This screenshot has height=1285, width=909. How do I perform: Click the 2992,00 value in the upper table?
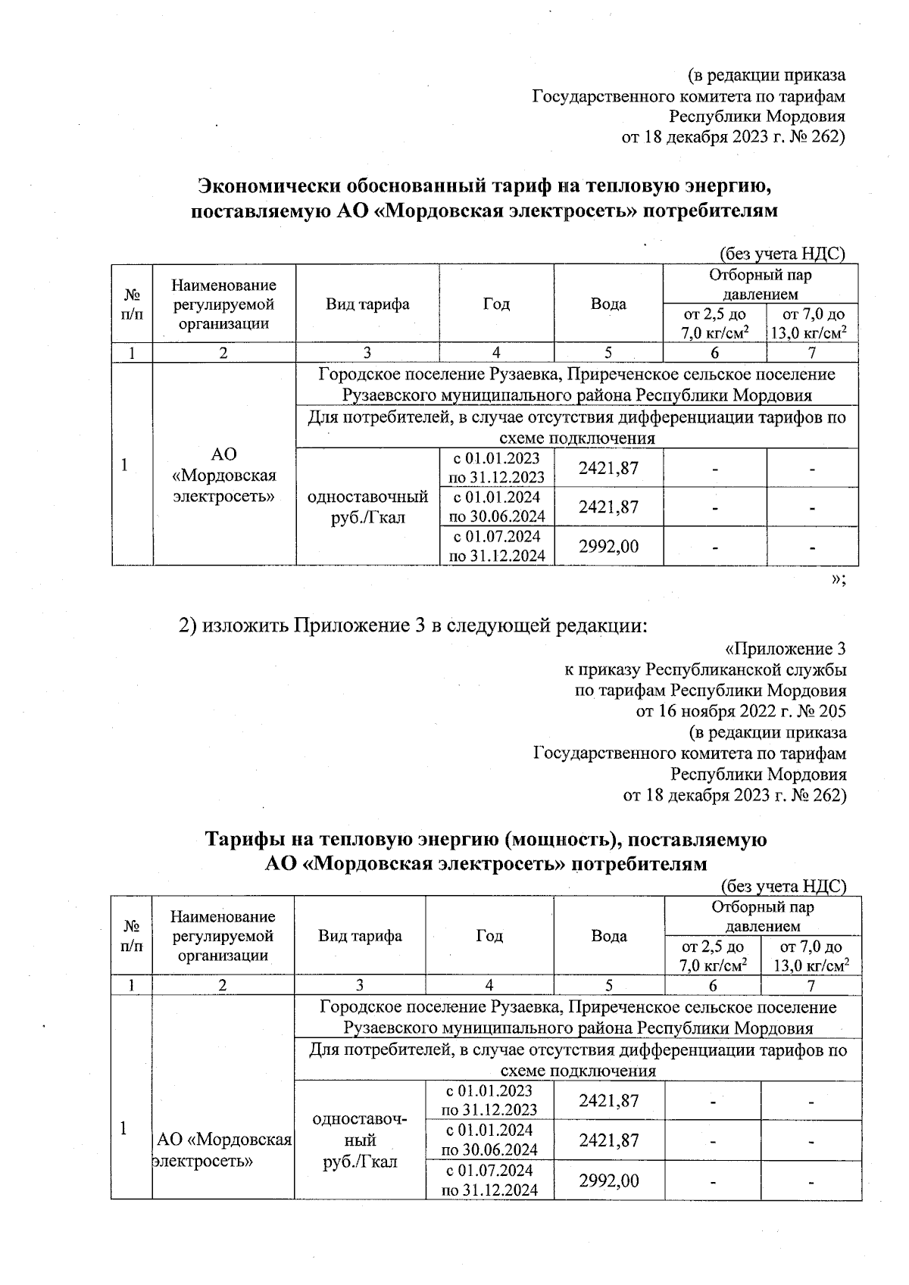608,546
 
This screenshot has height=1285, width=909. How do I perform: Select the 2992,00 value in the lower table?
608,1181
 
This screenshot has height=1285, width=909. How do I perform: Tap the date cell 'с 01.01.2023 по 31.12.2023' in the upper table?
496,468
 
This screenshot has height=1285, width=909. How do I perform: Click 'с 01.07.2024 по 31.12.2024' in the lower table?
489,1181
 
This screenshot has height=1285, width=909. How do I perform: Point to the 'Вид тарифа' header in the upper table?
367,304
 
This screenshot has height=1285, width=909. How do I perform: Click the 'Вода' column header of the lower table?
609,936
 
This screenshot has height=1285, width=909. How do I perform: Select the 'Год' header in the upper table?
496,304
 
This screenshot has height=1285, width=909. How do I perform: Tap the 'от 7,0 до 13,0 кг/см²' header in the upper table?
812,323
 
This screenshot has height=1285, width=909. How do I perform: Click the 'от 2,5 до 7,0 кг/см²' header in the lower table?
712,956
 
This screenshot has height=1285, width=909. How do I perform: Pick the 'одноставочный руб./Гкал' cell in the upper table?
367,507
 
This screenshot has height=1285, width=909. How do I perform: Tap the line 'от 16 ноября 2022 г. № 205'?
740,712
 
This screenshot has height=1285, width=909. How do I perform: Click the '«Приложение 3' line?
785,649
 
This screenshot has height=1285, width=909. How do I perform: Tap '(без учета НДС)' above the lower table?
782,886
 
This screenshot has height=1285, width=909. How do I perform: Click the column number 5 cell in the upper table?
608,353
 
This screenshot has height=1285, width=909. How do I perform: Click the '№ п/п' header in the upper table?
132,304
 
